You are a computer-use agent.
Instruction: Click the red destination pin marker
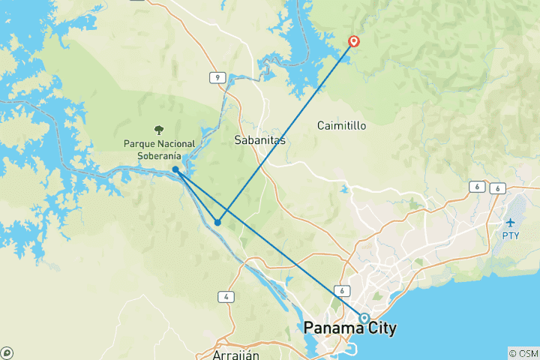coord(353,42)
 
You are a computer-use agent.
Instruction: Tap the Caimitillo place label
coord(341,125)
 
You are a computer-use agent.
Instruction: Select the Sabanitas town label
coord(259,140)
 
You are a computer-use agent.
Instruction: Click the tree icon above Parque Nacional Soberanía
coord(159,130)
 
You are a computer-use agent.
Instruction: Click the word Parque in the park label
coord(140,143)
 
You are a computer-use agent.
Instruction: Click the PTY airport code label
coord(510,235)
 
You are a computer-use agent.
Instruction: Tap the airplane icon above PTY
coord(511,223)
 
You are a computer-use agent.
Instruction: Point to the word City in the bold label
coord(381,328)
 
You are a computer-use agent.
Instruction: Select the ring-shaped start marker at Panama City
coord(364,318)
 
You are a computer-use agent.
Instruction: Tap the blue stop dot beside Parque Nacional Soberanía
coord(175,169)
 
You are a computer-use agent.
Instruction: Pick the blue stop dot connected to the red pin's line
coord(217,222)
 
